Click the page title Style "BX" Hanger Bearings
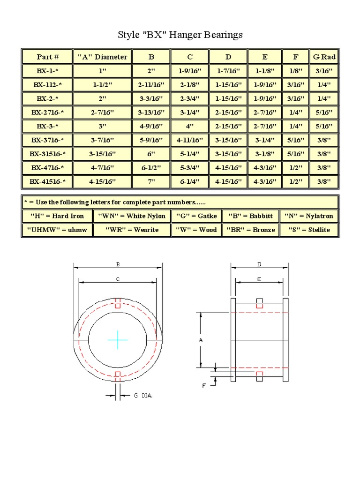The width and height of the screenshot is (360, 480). pos(180,35)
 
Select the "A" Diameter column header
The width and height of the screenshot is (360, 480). pos(102,57)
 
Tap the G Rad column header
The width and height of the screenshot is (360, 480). pos(324,57)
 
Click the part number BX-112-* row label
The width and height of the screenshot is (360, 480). pos(47,84)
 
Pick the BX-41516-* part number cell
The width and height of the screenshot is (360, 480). pos(47,181)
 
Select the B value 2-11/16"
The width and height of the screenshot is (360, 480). pos(151,84)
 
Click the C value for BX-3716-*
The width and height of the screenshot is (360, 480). pos(190,140)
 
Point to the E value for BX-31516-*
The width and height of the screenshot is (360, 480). pos(265,154)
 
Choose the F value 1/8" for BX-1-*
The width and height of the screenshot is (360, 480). pos(296,71)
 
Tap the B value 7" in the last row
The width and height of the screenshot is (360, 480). pos(151,181)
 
